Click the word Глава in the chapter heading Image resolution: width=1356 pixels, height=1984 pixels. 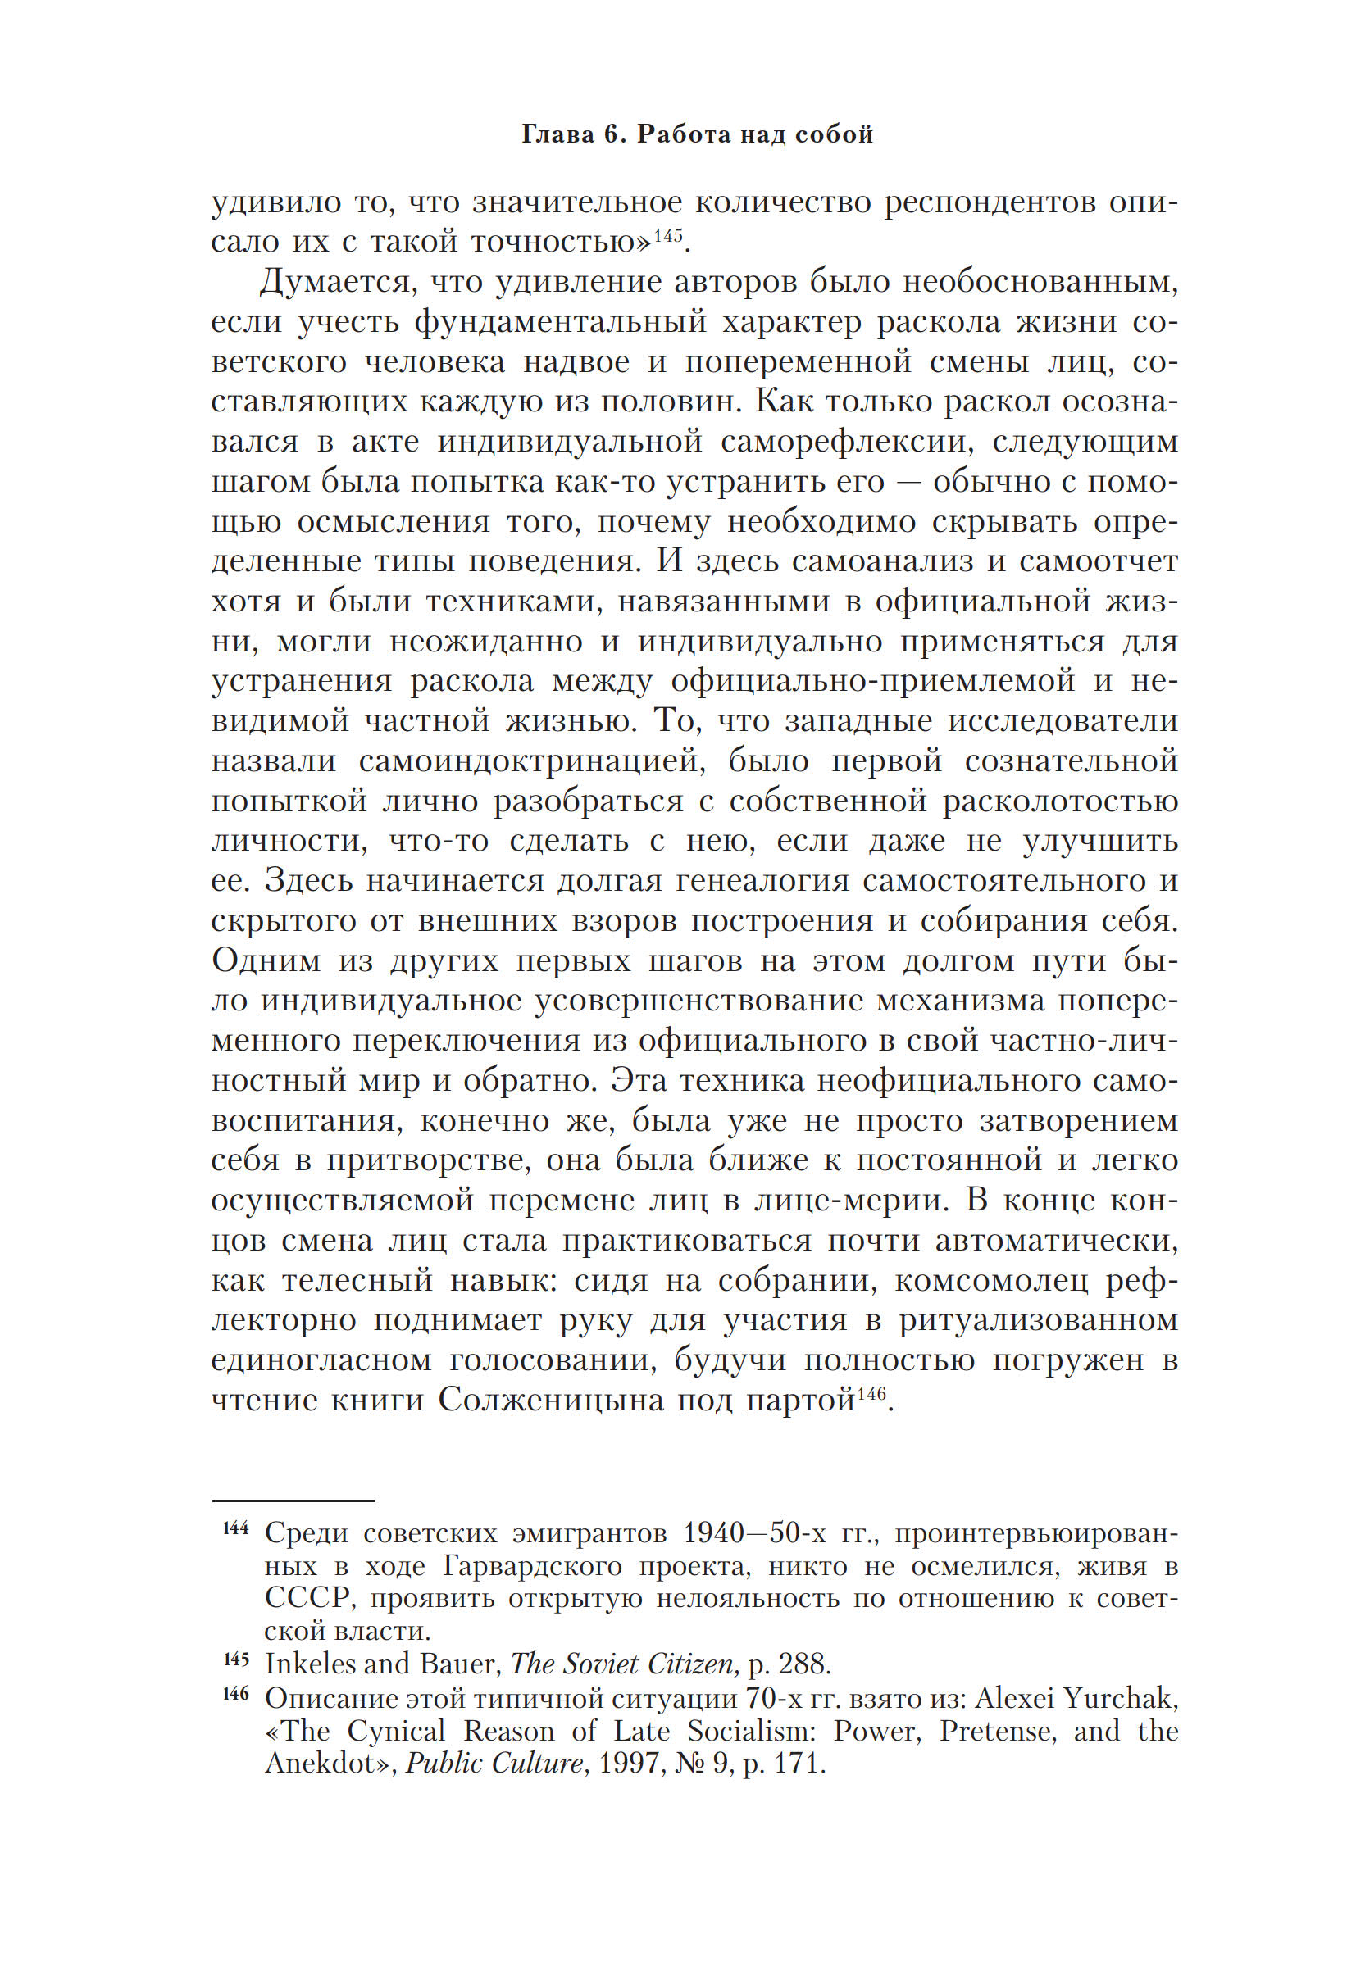(554, 134)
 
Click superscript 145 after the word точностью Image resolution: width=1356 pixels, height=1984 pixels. (668, 234)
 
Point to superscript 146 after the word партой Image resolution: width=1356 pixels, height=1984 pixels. (871, 1393)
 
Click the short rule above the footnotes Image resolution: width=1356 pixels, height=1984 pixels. (293, 1500)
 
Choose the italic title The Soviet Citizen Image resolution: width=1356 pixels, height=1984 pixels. (623, 1664)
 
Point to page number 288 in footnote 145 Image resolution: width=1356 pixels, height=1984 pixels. (803, 1664)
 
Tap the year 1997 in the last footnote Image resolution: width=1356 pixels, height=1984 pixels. (629, 1764)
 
